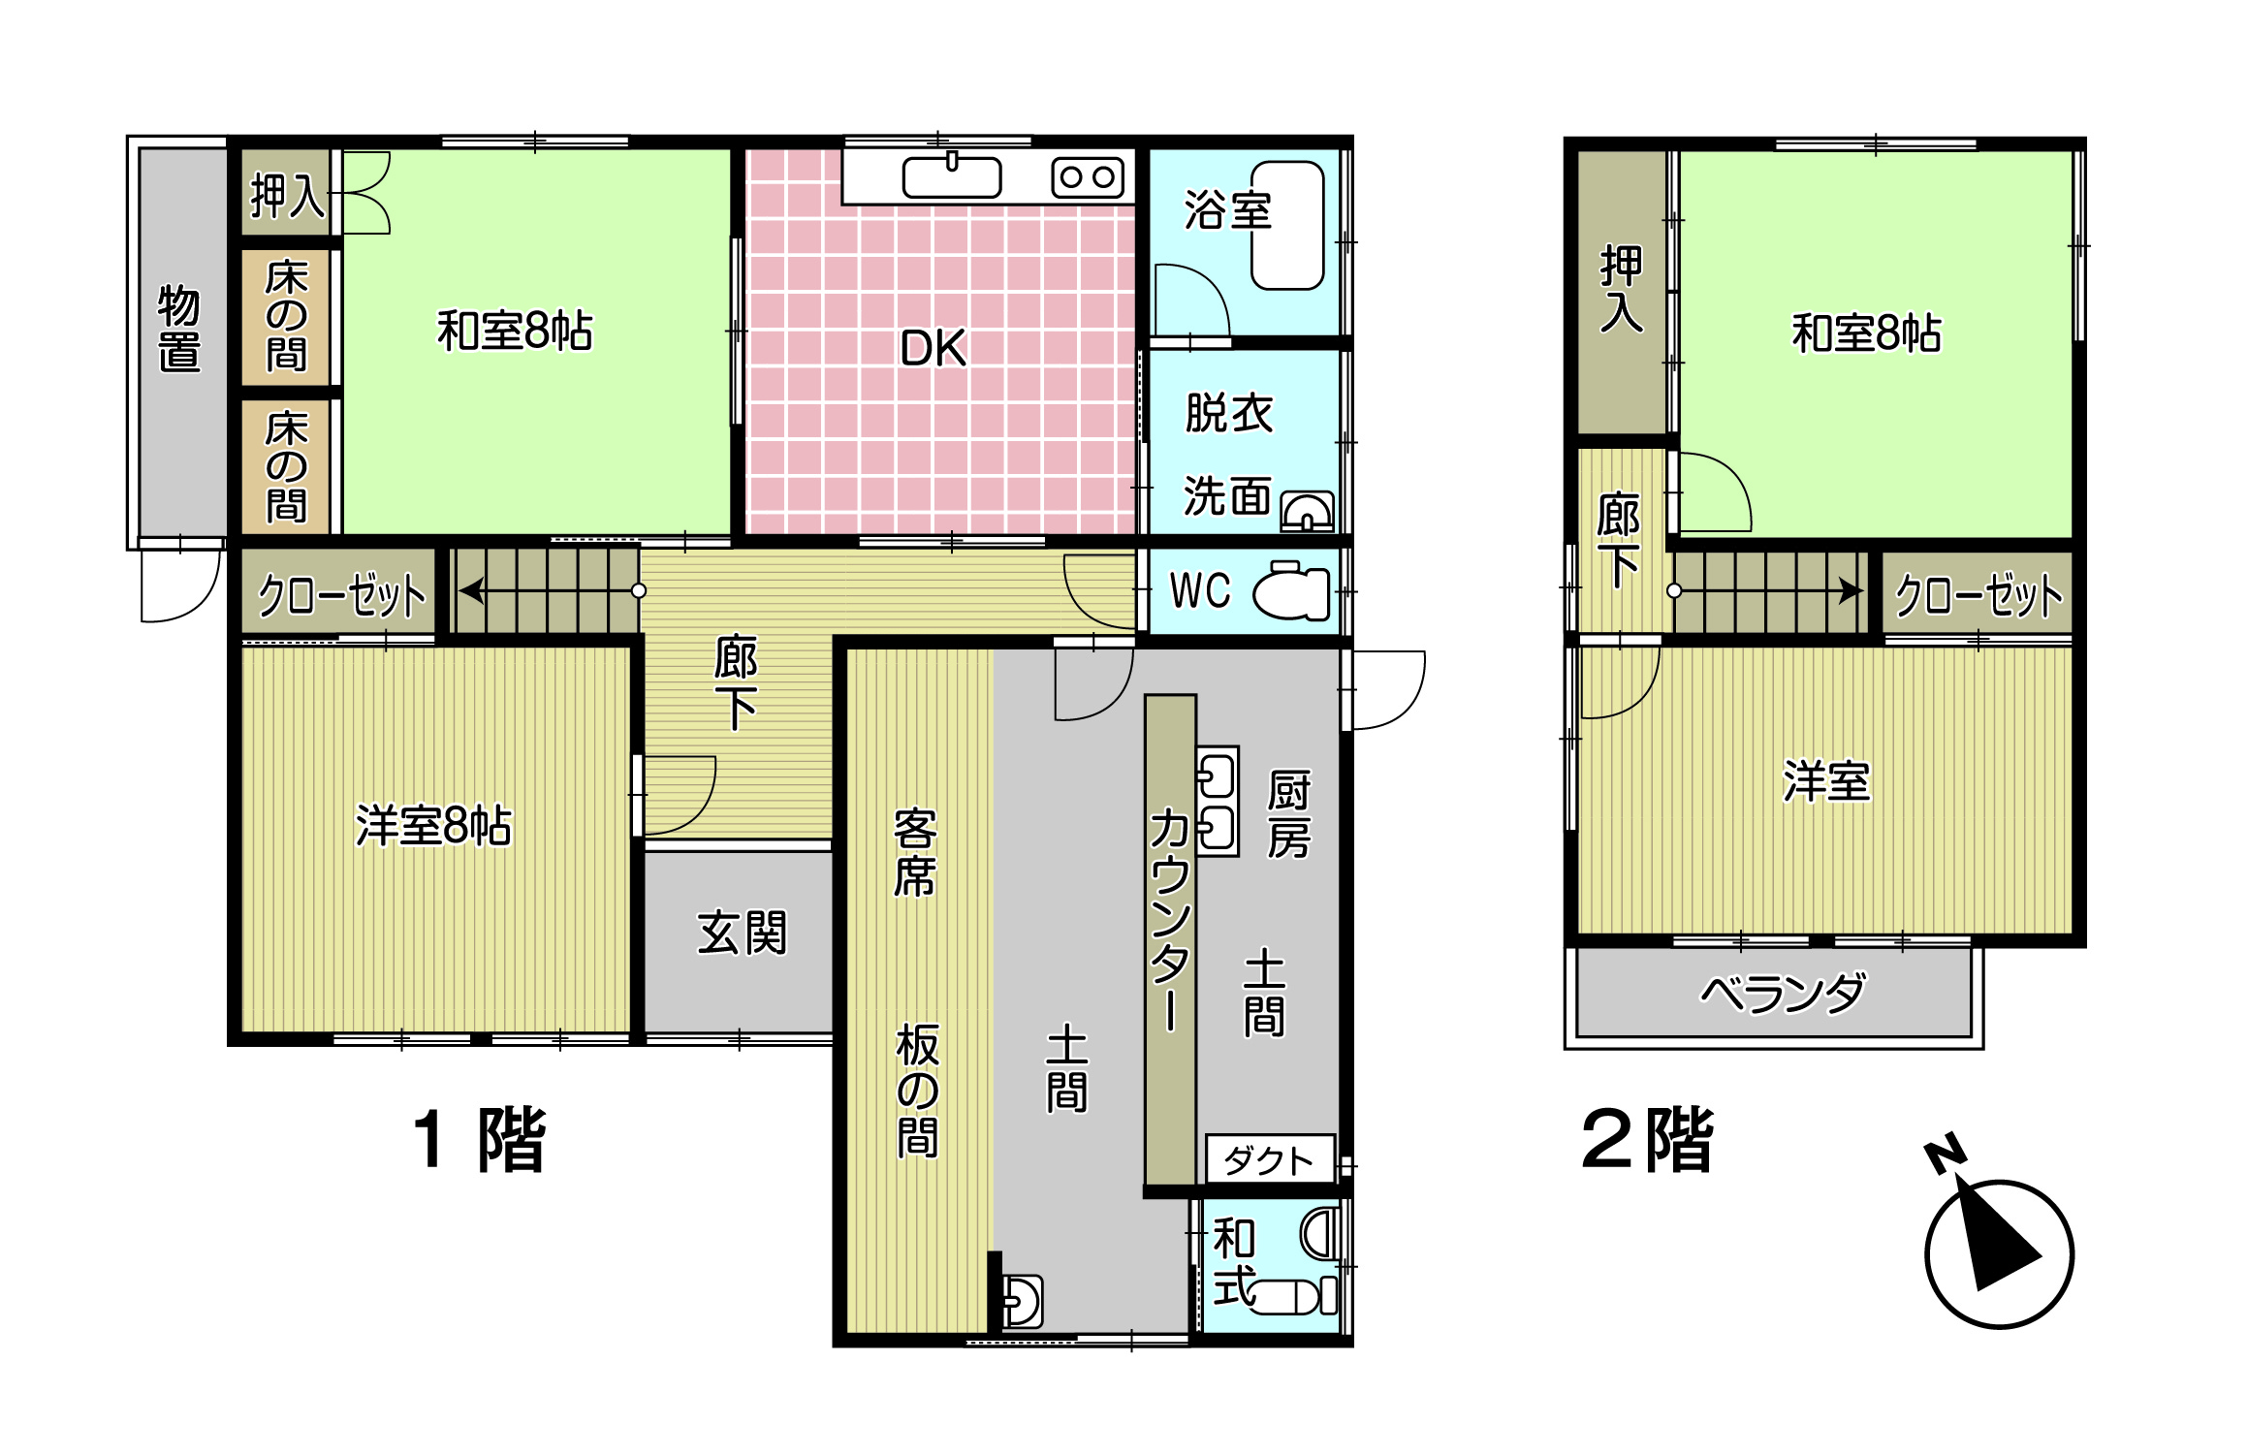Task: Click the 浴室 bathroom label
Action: coord(1227,210)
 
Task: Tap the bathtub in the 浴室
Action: coord(1287,225)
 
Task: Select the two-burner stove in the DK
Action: coord(1088,177)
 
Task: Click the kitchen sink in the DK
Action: coord(952,177)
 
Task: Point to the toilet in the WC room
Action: coord(1292,590)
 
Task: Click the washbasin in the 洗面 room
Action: coord(1307,511)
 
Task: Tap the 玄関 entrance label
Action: coord(742,934)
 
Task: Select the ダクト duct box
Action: coord(1270,1158)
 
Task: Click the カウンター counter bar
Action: coord(1170,939)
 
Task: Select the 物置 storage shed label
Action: coord(179,329)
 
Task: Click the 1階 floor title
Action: coord(480,1140)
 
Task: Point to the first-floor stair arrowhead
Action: coord(471,590)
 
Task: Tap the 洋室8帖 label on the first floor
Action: coord(433,826)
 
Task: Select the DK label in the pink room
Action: coord(934,348)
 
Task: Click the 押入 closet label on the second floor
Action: coord(1621,289)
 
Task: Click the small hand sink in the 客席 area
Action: coord(1022,1302)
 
